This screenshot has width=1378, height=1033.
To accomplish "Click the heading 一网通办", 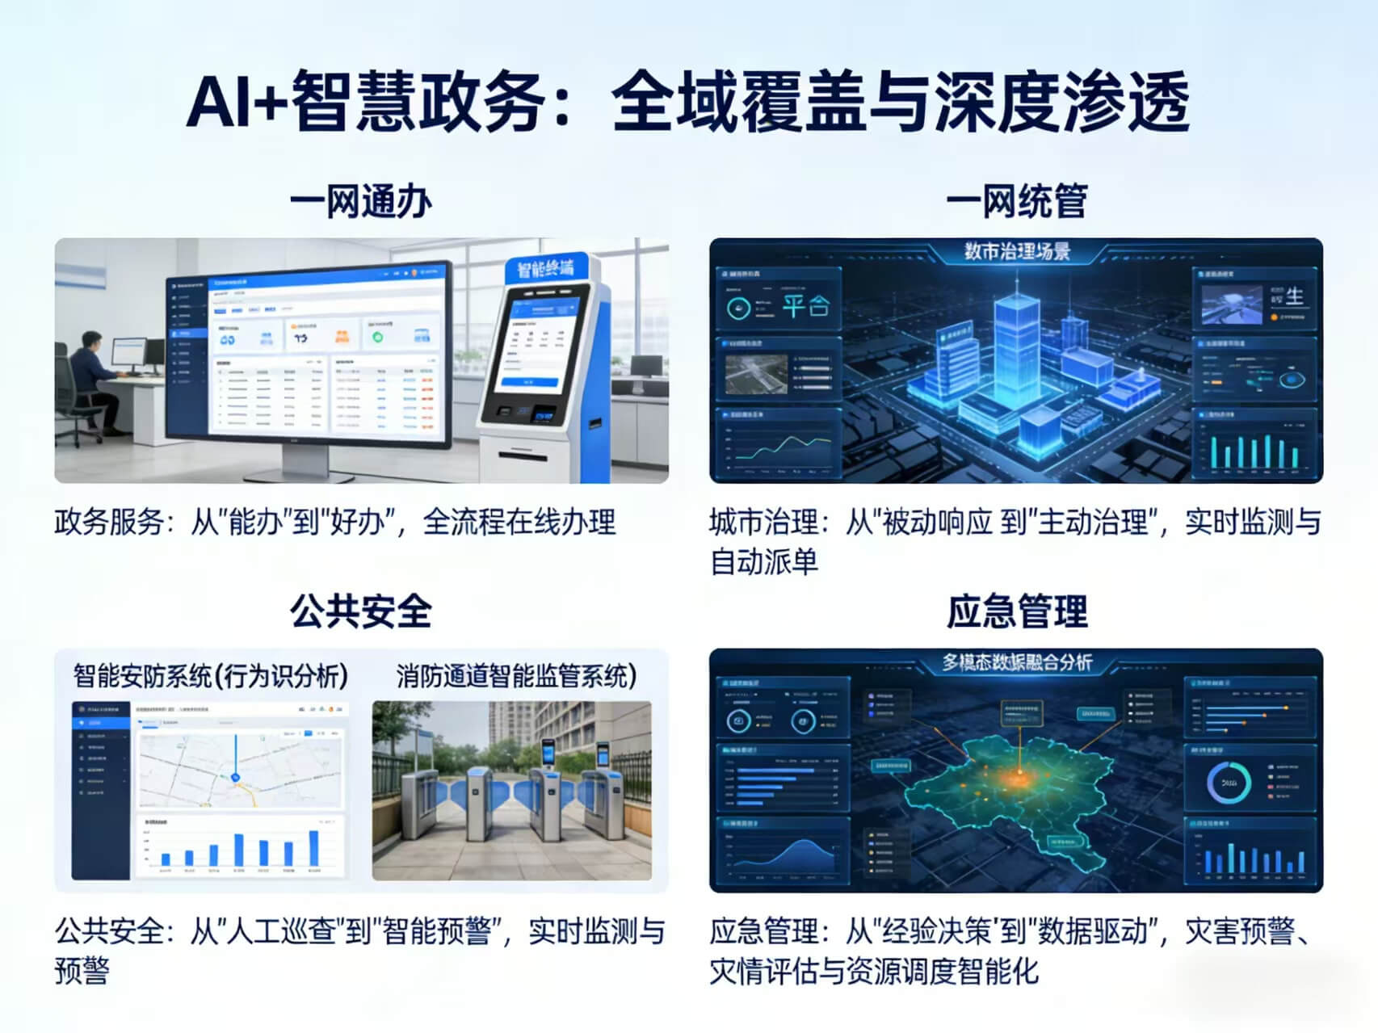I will coord(360,201).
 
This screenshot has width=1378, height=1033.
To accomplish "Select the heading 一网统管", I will coord(1016,201).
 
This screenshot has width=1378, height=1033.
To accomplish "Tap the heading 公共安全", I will coord(360,611).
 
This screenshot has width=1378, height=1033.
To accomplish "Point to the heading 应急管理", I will coord(1016,611).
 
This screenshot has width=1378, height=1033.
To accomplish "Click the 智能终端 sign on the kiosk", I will coord(545,267).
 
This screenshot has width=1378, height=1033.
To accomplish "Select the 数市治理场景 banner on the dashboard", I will coord(1016,251).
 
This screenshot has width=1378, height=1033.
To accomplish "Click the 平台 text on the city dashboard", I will coord(805,306).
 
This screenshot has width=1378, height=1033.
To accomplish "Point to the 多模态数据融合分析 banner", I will coord(1016,662).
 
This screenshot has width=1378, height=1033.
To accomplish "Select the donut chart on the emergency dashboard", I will coord(1229,782).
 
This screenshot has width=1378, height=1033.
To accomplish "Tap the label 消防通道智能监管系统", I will coord(515,675).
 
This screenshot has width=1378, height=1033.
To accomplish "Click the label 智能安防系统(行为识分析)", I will coord(211,675).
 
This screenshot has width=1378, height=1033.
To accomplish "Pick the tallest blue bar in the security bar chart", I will coord(313,847).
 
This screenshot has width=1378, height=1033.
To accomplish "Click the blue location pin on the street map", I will coord(236,776).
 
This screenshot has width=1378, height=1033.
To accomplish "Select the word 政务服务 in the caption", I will coord(109,522).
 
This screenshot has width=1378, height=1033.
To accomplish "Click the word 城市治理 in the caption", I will coord(764,522).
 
